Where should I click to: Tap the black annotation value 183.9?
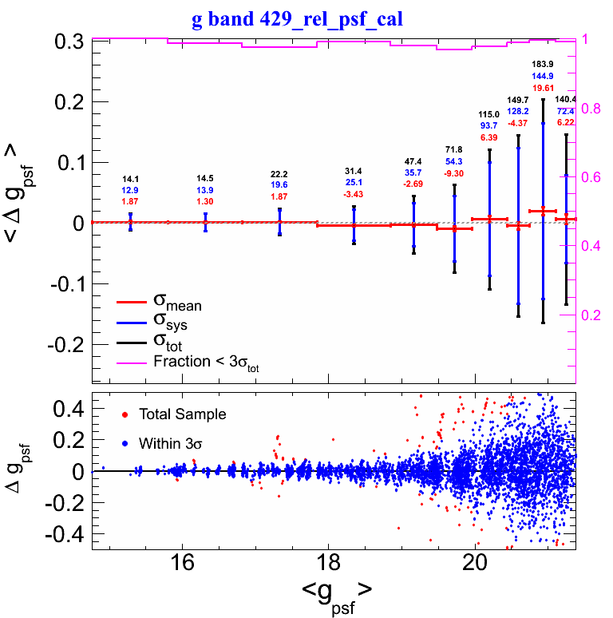[543, 63]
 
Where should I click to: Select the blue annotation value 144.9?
[543, 75]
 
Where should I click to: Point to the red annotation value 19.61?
[543, 87]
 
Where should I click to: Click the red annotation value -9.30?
[454, 173]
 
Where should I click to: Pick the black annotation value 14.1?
[131, 179]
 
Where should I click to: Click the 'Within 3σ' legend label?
[170, 442]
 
